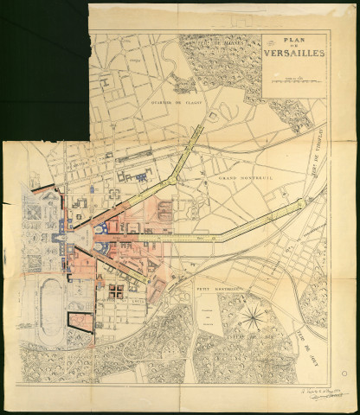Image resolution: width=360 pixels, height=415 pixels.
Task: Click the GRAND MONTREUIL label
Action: tap(241, 176)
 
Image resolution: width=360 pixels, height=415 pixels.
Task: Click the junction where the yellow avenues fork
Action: tap(176, 176)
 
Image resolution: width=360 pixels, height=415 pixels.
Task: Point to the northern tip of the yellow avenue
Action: tap(201, 130)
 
